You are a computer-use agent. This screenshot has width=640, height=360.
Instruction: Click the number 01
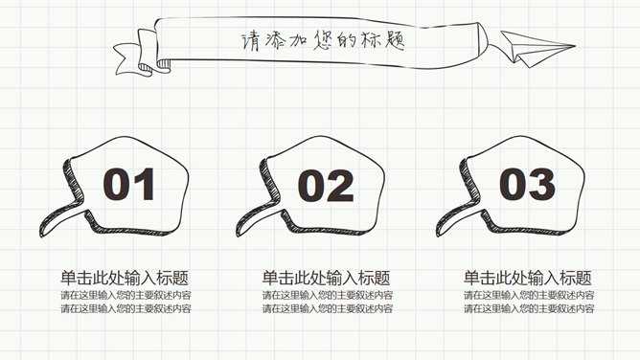click(129, 184)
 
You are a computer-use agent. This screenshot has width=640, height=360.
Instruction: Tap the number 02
click(326, 186)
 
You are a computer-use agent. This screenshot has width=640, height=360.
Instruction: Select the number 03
click(527, 184)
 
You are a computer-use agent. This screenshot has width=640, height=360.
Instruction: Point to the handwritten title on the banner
click(323, 41)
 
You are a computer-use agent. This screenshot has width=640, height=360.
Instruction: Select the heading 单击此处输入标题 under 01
click(125, 278)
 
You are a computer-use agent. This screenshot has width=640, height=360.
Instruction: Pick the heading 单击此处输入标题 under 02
click(326, 278)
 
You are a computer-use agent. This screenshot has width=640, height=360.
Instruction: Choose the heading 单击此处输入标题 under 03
click(527, 278)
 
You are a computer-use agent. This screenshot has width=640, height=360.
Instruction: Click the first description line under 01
click(126, 295)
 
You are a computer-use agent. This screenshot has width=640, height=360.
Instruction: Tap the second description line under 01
click(126, 308)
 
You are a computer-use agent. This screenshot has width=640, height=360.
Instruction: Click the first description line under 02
click(328, 295)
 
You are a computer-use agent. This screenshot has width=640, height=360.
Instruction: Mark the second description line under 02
click(328, 308)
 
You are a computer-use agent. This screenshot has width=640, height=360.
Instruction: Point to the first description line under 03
click(529, 295)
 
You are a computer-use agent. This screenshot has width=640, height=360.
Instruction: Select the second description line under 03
click(529, 308)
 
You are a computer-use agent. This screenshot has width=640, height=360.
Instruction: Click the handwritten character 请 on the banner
click(250, 41)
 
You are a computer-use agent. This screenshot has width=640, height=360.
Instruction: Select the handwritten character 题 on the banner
click(394, 40)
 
